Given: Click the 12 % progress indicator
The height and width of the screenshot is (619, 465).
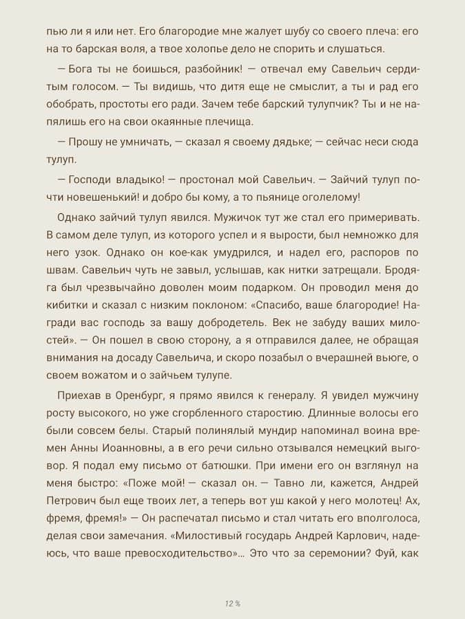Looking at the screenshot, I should (x=232, y=604).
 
